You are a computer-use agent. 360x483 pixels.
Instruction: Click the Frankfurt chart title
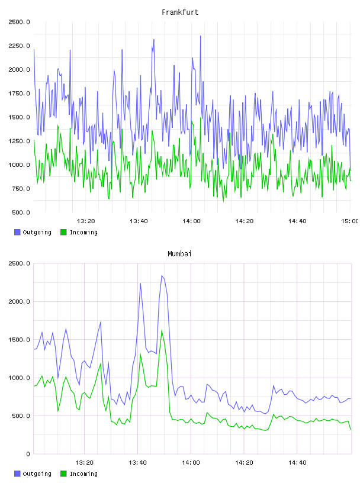coord(180,12)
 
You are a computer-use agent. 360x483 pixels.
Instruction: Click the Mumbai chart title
coord(179,254)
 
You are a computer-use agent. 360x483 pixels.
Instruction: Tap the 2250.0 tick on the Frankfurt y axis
coord(20,46)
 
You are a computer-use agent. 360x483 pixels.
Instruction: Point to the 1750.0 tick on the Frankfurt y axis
coord(20,94)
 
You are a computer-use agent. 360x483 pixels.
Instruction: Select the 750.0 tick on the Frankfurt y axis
coord(21,189)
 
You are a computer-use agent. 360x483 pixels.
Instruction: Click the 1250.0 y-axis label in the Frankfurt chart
coord(20,141)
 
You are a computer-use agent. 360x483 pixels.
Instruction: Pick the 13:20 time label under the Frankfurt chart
coord(86,221)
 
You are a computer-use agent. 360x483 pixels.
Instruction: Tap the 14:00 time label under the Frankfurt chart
coord(191,221)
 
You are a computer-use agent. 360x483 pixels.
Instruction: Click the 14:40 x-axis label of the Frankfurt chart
coord(297,221)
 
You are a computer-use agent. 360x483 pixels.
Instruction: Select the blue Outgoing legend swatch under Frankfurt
coord(17,232)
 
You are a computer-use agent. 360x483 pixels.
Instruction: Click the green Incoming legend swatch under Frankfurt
coord(63,232)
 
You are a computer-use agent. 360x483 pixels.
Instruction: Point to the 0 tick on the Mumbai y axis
coord(28,454)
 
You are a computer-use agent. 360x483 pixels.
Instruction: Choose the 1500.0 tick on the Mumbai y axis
coord(20,340)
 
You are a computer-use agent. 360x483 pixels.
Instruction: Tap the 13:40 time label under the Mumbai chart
coord(137,463)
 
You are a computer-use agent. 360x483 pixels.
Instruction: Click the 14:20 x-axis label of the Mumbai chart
coord(244,463)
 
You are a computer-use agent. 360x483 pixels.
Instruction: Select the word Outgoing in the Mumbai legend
coord(37,474)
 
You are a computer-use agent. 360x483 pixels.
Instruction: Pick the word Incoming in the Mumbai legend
coord(83,474)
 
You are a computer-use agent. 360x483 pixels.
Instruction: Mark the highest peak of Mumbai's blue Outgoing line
coord(162,276)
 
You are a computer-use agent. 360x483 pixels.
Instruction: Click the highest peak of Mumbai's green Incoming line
coord(162,330)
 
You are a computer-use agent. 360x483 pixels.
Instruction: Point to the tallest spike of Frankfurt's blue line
coord(201,36)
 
